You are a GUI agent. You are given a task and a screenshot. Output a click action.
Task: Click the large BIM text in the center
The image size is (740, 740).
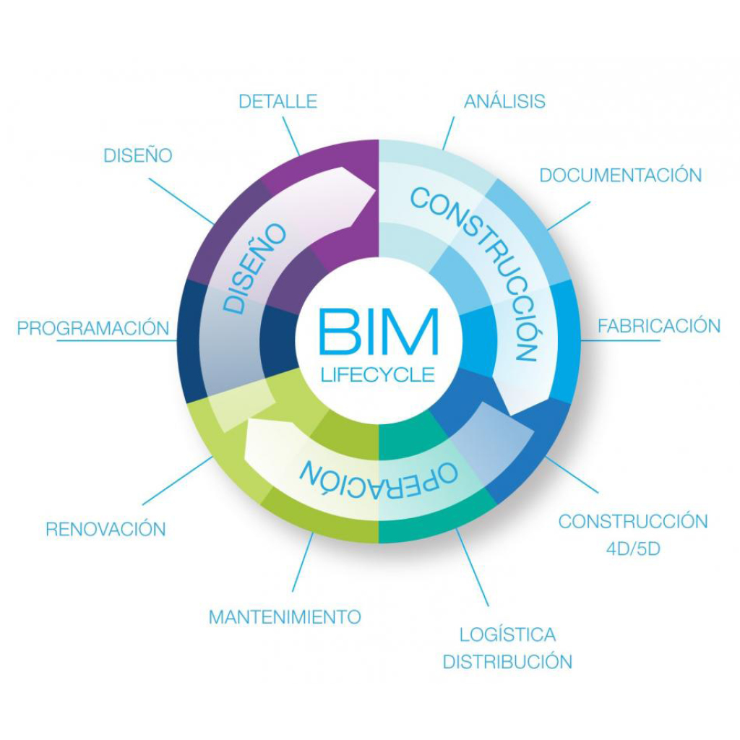click(x=378, y=332)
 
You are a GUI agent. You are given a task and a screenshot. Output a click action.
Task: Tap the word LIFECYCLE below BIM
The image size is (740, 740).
click(x=378, y=374)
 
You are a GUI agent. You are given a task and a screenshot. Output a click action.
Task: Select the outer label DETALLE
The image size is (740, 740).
click(x=278, y=101)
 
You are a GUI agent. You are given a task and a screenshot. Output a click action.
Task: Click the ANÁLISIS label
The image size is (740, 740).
click(x=504, y=101)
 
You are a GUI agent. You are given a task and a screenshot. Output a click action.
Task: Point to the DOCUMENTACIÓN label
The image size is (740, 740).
click(x=621, y=175)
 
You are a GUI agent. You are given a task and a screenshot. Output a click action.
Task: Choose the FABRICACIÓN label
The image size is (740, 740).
click(x=658, y=326)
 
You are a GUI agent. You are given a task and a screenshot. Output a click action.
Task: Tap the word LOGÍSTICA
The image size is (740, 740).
click(x=508, y=635)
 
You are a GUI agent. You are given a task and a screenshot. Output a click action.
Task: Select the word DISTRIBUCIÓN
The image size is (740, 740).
click(x=507, y=661)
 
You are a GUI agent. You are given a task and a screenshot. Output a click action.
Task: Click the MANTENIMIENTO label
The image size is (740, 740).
click(x=285, y=617)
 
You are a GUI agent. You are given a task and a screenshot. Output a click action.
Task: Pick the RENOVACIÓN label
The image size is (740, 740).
click(x=106, y=529)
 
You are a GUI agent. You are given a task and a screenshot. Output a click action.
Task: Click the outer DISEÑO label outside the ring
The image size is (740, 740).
click(x=138, y=155)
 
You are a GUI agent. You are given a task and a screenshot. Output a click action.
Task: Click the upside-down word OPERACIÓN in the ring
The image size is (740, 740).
click(x=379, y=473)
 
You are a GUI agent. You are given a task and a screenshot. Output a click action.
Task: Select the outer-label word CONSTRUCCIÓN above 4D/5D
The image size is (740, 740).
click(x=633, y=522)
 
